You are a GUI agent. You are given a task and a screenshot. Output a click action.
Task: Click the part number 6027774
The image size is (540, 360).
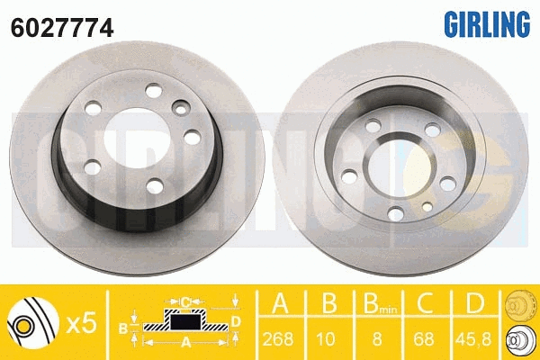click(x=62, y=28)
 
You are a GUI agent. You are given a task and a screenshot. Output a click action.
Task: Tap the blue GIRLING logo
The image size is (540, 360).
click(x=487, y=23)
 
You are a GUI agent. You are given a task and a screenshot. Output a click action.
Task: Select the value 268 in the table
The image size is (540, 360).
click(x=278, y=339)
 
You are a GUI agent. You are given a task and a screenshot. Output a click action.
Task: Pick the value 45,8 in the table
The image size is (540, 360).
click(x=473, y=339)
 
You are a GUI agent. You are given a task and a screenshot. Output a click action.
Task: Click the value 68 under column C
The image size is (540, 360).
click(x=424, y=339)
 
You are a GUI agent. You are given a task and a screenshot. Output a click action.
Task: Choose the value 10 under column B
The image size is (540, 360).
click(x=326, y=339)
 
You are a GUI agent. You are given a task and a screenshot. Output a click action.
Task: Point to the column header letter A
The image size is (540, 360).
click(x=280, y=302)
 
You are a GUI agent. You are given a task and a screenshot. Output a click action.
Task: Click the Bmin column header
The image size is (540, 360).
click(x=380, y=303)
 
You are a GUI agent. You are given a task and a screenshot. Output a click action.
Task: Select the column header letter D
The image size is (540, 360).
click(x=475, y=302)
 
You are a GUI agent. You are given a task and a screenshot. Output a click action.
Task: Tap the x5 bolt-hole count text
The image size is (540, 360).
click(x=82, y=324)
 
